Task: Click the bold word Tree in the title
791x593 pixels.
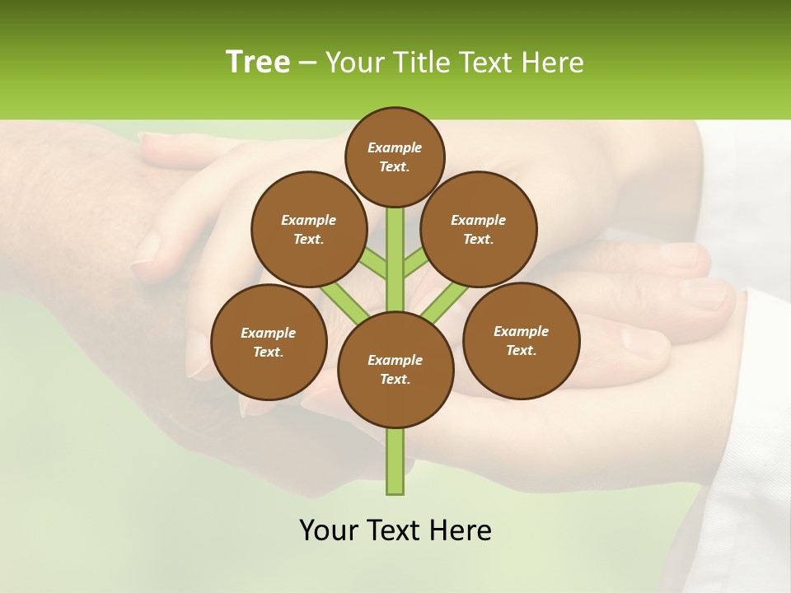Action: [x=257, y=62]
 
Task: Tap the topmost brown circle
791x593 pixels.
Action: [x=395, y=156]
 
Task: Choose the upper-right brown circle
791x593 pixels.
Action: [x=479, y=229]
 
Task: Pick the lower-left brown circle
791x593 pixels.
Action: [x=269, y=342]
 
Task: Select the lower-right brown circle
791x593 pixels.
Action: [x=521, y=340]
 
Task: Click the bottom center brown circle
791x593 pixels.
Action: [x=395, y=369]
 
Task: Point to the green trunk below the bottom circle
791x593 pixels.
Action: [x=395, y=461]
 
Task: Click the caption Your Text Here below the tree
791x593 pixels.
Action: [x=395, y=530]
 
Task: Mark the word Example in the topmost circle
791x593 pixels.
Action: [x=395, y=147]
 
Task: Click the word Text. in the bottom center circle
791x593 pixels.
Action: [x=395, y=379]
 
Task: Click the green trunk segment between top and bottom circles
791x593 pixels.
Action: [x=395, y=255]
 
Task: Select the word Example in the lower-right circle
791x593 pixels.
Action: [x=521, y=331]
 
